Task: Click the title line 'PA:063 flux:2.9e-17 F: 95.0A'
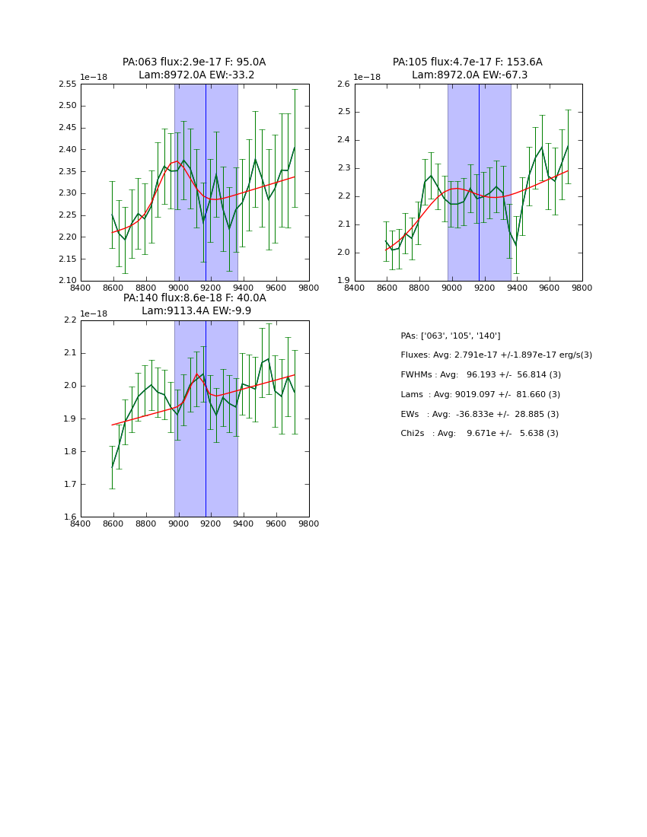pyautogui.click(x=194, y=62)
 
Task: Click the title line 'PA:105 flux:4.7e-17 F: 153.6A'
pyautogui.click(x=467, y=62)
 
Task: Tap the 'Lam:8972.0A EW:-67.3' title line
pyautogui.click(x=470, y=75)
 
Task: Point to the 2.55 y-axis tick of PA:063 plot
pyautogui.click(x=69, y=84)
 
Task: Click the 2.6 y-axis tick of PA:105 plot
pyautogui.click(x=343, y=84)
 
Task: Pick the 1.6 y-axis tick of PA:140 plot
pyautogui.click(x=70, y=517)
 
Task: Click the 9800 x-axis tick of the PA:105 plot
pyautogui.click(x=582, y=288)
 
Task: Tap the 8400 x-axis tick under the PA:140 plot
pyautogui.click(x=81, y=524)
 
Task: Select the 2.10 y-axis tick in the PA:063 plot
pyautogui.click(x=69, y=281)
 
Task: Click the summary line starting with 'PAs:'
pyautogui.click(x=451, y=336)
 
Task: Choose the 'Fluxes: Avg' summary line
pyautogui.click(x=496, y=355)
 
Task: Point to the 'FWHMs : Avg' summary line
pyautogui.click(x=480, y=374)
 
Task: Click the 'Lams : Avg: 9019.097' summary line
pyautogui.click(x=480, y=394)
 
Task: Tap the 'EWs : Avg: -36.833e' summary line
pyautogui.click(x=480, y=414)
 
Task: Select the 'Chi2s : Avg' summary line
pyautogui.click(x=480, y=433)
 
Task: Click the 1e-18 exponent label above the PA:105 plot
pyautogui.click(x=367, y=78)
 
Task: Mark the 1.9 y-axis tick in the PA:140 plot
pyautogui.click(x=70, y=419)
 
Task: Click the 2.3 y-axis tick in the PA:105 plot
pyautogui.click(x=343, y=168)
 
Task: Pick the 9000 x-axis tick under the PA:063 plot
pyautogui.click(x=179, y=288)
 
